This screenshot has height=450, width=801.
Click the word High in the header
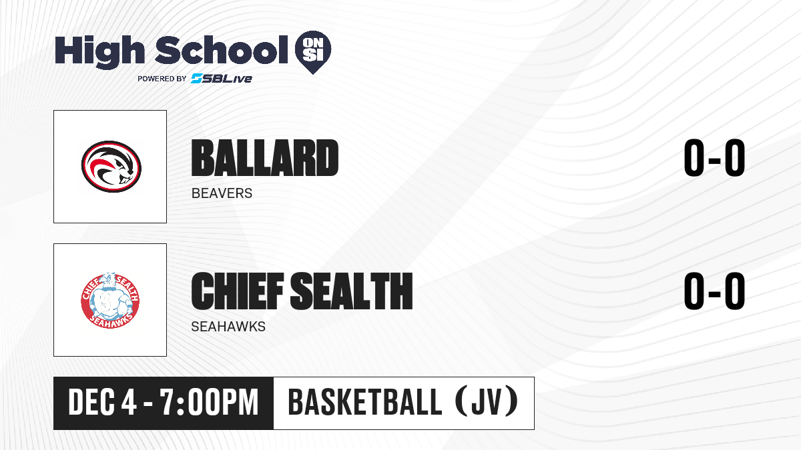99,52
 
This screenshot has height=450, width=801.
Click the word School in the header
222,50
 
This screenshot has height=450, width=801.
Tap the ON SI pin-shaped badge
313,52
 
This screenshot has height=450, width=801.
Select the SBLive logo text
222,78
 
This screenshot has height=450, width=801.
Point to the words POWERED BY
162,79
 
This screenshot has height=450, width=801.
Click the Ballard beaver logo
111,167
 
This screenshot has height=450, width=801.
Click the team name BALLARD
264,158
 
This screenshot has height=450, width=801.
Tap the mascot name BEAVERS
222,193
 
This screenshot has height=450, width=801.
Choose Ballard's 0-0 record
714,157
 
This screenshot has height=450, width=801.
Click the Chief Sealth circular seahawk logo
110,301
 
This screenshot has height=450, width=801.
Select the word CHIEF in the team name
238,291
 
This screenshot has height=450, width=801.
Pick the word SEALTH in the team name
352,291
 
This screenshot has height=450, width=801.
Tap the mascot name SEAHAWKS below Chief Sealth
228,327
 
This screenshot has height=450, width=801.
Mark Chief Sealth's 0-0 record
714,291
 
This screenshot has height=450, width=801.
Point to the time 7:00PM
209,403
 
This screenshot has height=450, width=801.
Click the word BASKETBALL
364,403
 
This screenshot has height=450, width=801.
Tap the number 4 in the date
129,403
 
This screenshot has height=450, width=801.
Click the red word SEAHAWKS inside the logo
110,321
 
